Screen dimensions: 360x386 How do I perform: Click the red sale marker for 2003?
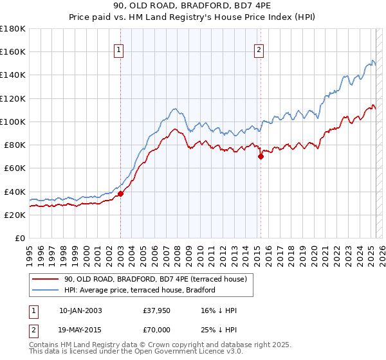[121, 194]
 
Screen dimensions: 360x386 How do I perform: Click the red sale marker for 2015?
[261, 156]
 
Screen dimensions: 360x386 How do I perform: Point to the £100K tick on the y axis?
[13, 122]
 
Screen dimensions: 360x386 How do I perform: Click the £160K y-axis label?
[13, 51]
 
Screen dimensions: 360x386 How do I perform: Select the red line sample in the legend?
[46, 279]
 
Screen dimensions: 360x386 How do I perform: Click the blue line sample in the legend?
[46, 290]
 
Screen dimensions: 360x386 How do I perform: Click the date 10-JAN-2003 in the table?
[80, 311]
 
